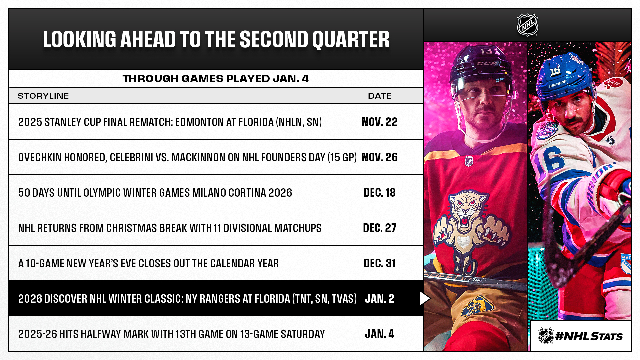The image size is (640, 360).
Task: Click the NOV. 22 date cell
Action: pos(379,122)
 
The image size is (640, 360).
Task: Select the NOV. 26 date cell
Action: pos(379,157)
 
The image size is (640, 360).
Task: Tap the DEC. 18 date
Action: pos(379,193)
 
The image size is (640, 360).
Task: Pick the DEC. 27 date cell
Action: pos(379,228)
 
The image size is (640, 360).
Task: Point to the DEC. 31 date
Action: pos(379,263)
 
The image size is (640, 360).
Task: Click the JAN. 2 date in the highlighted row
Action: pos(379,299)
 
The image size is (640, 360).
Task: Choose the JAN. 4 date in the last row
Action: pos(379,334)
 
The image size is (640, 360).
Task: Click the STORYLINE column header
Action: pos(43,96)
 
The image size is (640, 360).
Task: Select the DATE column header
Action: pos(379,96)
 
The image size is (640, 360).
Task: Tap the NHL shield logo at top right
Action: pos(527,25)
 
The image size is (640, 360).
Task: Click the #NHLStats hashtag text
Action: pos(589,336)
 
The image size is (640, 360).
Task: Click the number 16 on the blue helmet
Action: pos(555,71)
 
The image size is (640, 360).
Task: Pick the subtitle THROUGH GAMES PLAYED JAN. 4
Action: pos(216,79)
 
